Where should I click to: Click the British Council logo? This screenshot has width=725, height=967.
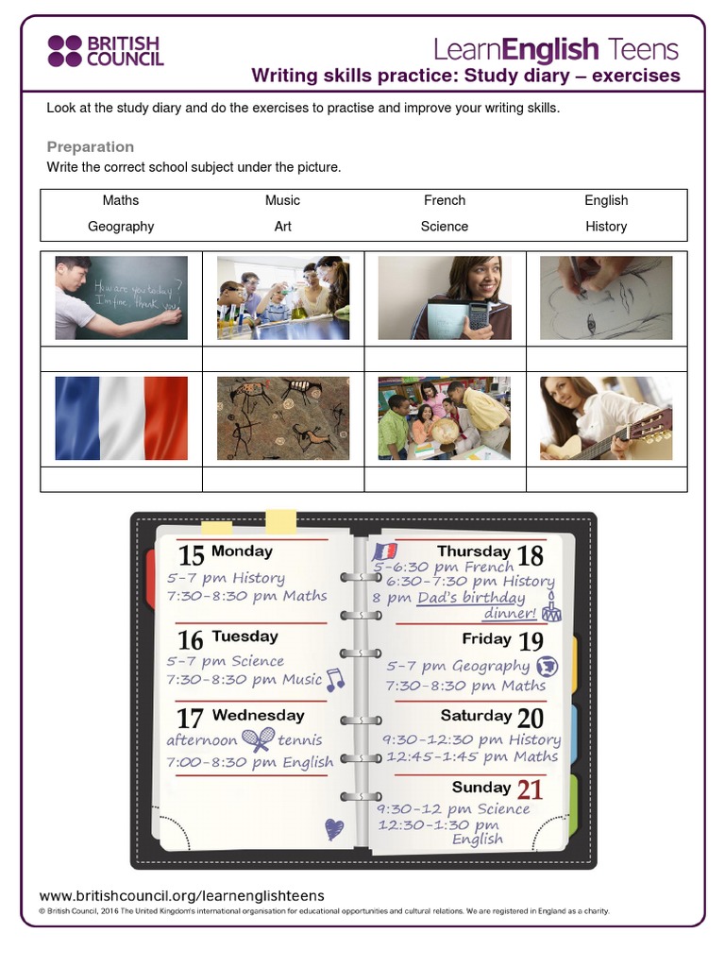point(106,51)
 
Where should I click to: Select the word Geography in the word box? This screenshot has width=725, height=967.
point(121,227)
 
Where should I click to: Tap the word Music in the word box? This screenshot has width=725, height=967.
point(282,200)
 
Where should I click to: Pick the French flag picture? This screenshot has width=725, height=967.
point(121,418)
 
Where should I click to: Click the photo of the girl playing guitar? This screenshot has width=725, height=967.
point(606,418)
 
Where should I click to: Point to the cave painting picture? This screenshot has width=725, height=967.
point(283,418)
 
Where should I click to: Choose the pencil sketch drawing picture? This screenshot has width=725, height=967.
point(606,297)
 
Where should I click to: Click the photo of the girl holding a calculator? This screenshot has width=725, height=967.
point(445,297)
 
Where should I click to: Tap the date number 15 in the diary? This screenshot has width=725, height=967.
point(191,555)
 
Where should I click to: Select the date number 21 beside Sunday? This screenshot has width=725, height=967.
point(530,789)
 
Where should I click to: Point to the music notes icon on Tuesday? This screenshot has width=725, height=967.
point(335,679)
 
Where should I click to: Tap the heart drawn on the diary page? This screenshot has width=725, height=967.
point(334,829)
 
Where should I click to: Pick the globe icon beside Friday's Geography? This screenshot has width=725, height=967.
point(547,667)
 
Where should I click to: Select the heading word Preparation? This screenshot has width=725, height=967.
point(91,146)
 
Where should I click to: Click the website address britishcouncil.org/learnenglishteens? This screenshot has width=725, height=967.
point(181,895)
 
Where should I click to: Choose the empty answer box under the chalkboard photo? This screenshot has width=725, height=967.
point(121,359)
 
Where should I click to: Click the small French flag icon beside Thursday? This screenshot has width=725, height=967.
point(384,551)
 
